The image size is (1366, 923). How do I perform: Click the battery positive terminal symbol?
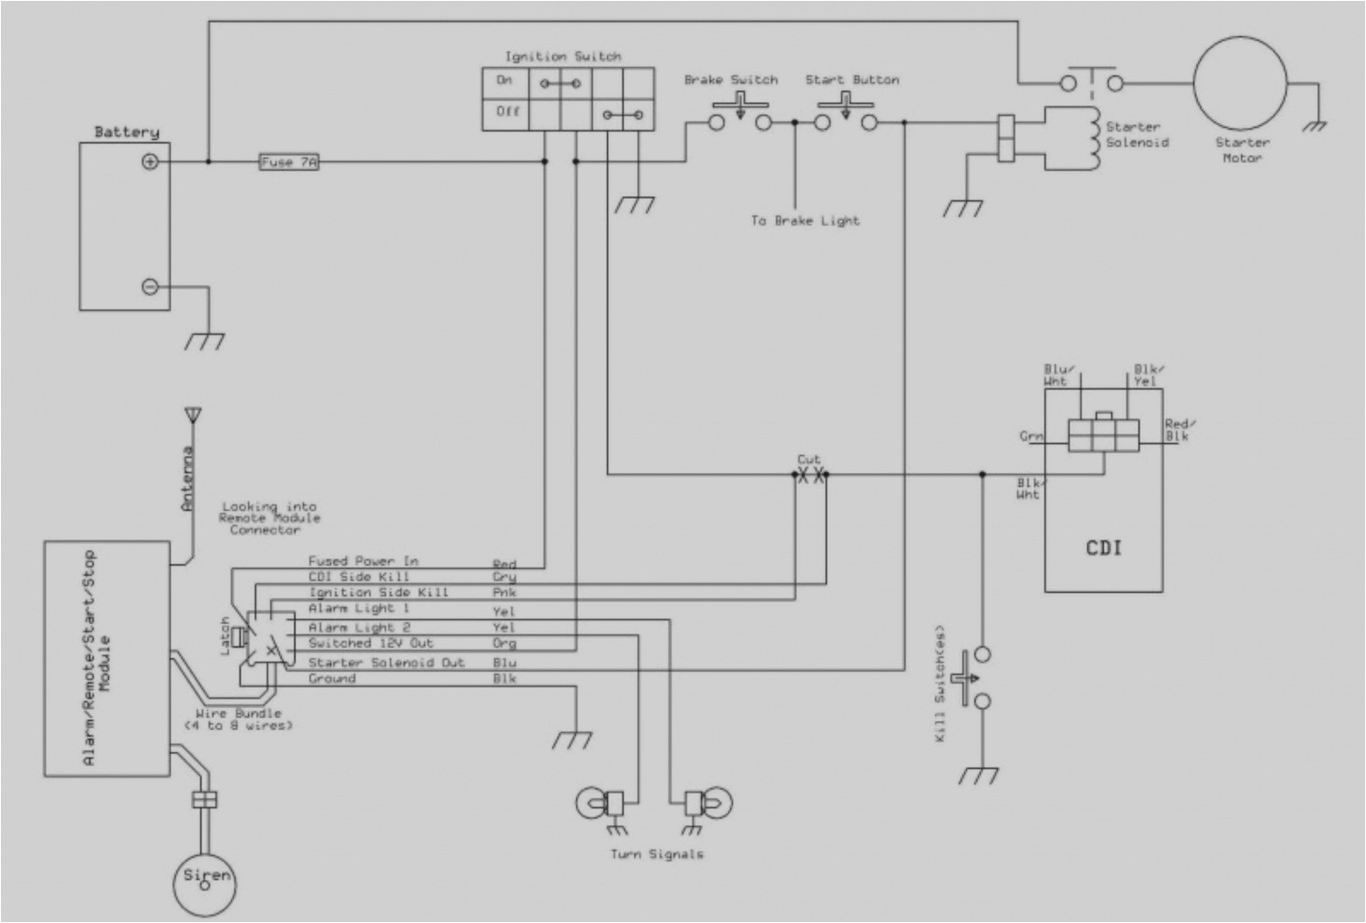(x=150, y=162)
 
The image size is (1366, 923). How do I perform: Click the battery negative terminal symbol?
(x=150, y=287)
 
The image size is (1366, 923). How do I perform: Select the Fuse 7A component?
(x=289, y=162)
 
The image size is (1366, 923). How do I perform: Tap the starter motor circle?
(x=1239, y=84)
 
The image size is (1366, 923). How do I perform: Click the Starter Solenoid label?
(x=1137, y=135)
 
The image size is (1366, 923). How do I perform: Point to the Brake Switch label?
(x=731, y=80)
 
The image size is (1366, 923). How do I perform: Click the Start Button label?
(x=852, y=80)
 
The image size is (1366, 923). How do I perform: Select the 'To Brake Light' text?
(x=805, y=221)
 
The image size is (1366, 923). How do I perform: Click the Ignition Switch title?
(x=563, y=57)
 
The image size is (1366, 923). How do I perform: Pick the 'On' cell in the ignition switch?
(x=504, y=81)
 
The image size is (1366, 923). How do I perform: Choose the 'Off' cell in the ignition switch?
(x=506, y=112)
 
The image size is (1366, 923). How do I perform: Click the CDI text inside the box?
(x=1103, y=548)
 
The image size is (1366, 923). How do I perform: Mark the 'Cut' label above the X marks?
(x=808, y=460)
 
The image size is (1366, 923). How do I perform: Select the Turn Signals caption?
(x=656, y=854)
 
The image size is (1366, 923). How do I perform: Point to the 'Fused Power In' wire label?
(x=363, y=561)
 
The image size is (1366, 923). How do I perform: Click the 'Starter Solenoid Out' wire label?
(x=386, y=663)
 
